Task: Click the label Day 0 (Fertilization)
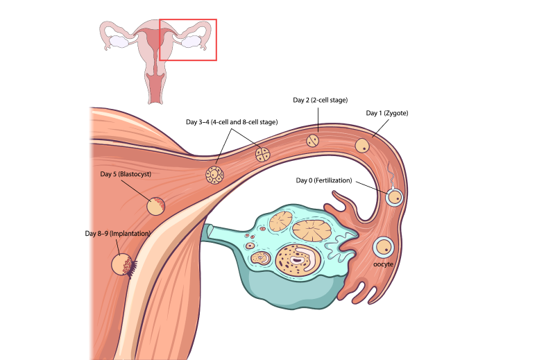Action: (324, 181)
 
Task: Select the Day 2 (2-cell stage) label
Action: (321, 100)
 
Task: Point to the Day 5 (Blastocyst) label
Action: (126, 173)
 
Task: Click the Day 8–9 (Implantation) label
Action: (117, 234)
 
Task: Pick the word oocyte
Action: (384, 264)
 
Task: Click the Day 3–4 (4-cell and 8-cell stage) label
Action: (232, 121)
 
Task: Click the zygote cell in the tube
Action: (363, 146)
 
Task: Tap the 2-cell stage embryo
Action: (314, 140)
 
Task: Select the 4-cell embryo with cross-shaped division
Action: (263, 154)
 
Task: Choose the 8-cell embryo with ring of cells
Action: (214, 175)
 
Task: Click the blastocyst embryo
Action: (156, 205)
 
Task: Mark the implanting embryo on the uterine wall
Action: (123, 264)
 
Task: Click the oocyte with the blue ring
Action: (384, 246)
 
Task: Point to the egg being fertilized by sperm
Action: (395, 198)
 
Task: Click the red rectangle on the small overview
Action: (188, 20)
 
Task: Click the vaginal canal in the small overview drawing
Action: (155, 87)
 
